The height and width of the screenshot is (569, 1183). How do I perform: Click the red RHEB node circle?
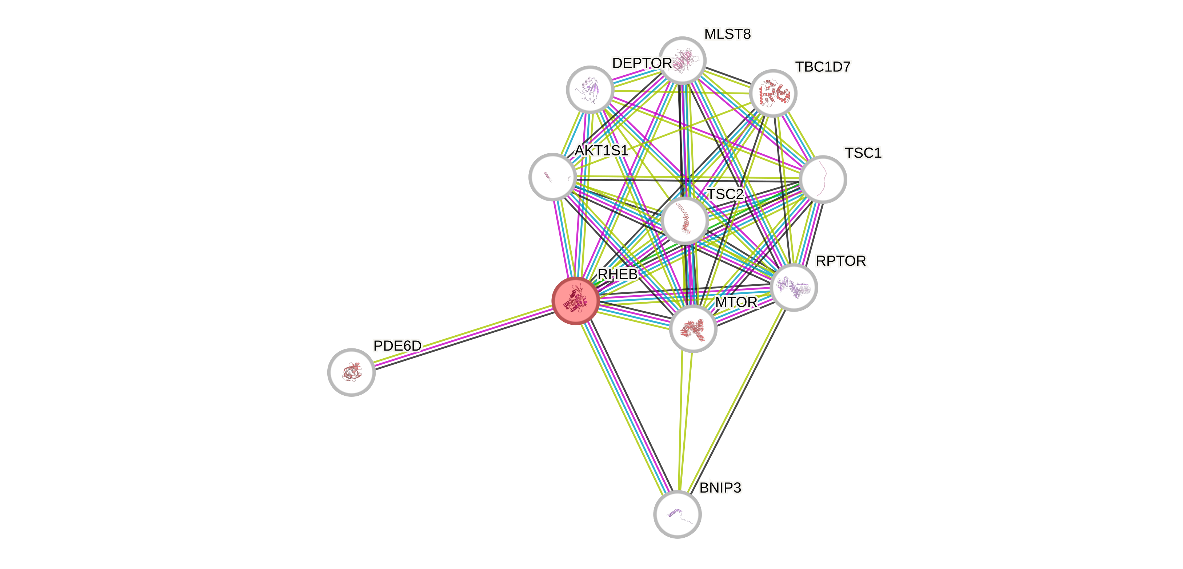pyautogui.click(x=575, y=301)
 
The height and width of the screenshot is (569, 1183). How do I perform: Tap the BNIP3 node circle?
pyautogui.click(x=678, y=514)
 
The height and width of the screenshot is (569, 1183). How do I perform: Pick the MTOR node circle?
pyautogui.click(x=693, y=328)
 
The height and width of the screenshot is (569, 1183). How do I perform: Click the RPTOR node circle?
pyautogui.click(x=794, y=287)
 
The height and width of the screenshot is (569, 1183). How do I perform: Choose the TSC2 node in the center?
pyautogui.click(x=685, y=221)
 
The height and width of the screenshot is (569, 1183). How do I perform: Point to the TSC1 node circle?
pyautogui.click(x=823, y=179)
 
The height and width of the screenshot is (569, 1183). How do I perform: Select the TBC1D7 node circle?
pyautogui.click(x=773, y=93)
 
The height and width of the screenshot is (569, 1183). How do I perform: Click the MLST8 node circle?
pyautogui.click(x=683, y=60)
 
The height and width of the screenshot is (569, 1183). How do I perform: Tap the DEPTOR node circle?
pyautogui.click(x=589, y=89)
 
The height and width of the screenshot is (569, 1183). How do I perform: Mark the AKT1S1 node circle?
pyautogui.click(x=552, y=177)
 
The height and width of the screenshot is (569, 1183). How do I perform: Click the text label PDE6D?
pyautogui.click(x=397, y=345)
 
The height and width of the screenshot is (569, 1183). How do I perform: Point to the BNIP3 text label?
pyautogui.click(x=720, y=488)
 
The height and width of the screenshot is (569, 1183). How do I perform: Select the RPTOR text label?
pyautogui.click(x=841, y=261)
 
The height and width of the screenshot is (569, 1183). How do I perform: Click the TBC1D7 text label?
pyautogui.click(x=823, y=67)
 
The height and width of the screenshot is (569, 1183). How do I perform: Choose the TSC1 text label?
pyautogui.click(x=863, y=153)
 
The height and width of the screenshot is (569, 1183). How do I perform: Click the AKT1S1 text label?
pyautogui.click(x=601, y=150)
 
